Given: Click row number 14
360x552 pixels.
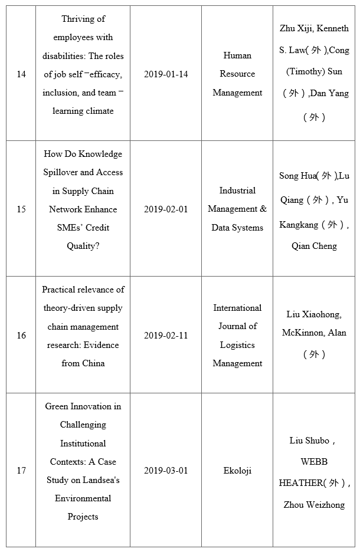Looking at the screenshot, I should pyautogui.click(x=21, y=74).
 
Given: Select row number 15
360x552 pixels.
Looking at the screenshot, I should pyautogui.click(x=21, y=209).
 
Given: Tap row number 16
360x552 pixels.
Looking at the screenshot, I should pyautogui.click(x=21, y=336).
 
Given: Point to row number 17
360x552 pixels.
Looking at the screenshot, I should pyautogui.click(x=21, y=471).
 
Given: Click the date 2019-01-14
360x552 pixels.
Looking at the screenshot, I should pyautogui.click(x=166, y=74).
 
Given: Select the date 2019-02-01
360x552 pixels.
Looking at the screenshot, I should pyautogui.click(x=166, y=209).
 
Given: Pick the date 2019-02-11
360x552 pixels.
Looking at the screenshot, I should pyautogui.click(x=166, y=336).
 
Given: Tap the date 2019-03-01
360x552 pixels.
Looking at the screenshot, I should pyautogui.click(x=166, y=471).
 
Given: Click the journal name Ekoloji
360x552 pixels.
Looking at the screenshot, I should pyautogui.click(x=237, y=471).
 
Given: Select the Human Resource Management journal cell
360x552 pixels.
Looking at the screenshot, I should pyautogui.click(x=237, y=74).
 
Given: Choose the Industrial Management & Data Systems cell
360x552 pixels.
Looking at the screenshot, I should pyautogui.click(x=237, y=209).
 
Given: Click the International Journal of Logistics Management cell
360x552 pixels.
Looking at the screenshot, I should pyautogui.click(x=237, y=336).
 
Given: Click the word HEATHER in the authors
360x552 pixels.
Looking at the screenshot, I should pyautogui.click(x=300, y=483).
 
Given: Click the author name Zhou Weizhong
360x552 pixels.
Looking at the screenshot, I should pyautogui.click(x=314, y=505).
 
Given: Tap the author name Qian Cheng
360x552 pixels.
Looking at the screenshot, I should pyautogui.click(x=314, y=246).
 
